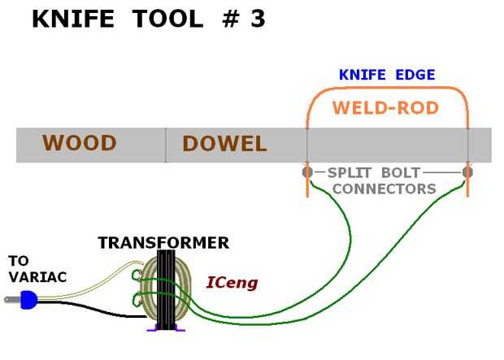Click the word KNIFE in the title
(73, 19)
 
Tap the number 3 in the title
(258, 19)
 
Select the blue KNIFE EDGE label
(387, 75)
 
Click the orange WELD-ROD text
(385, 108)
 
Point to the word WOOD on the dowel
(79, 143)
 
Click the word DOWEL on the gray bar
(224, 144)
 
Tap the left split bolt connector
(307, 172)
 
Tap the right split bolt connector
(467, 172)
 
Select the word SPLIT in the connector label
(350, 173)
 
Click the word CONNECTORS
(385, 189)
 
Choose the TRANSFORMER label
(163, 243)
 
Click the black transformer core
(166, 290)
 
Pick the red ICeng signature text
(232, 283)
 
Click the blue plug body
(28, 300)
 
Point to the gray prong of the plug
(13, 300)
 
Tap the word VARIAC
(38, 277)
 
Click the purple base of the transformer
(166, 328)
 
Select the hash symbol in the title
(231, 19)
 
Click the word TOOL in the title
(167, 19)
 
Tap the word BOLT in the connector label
(401, 173)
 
